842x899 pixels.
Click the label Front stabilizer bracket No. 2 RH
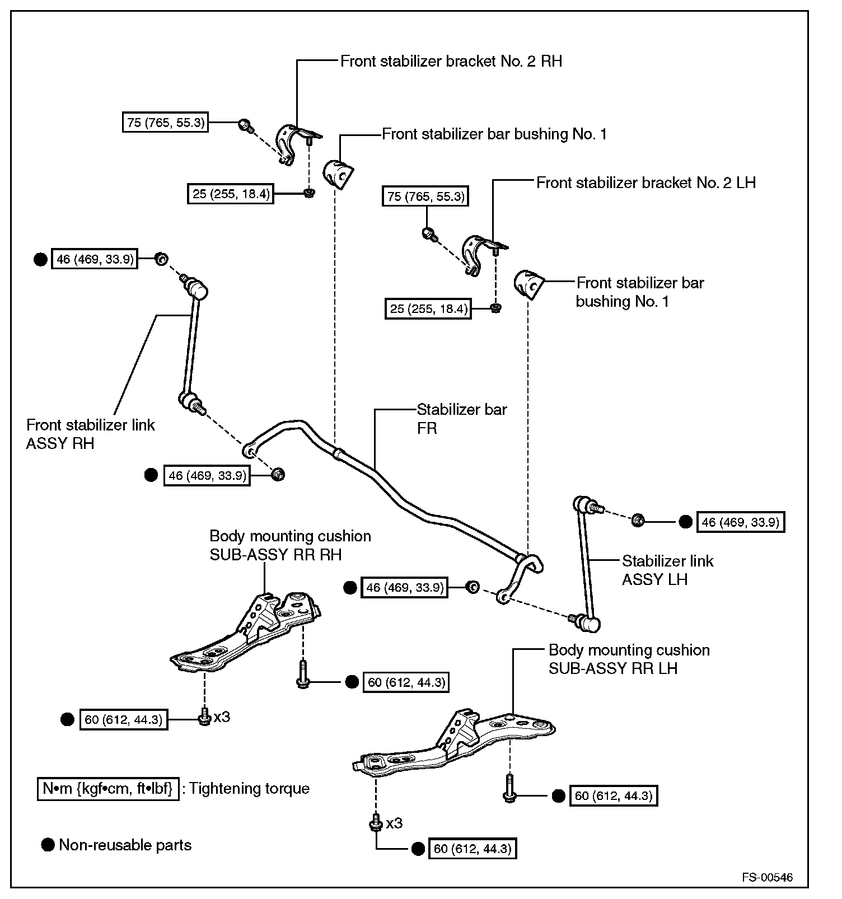tap(451, 61)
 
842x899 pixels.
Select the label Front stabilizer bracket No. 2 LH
tap(645, 182)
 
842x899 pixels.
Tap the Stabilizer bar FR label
tap(461, 419)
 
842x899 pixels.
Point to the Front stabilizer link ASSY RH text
tap(90, 434)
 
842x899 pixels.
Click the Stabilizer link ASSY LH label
tap(667, 570)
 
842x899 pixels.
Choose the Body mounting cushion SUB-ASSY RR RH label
tap(290, 545)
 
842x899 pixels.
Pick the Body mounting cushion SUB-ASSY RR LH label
tap(629, 659)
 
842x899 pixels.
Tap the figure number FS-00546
tap(767, 877)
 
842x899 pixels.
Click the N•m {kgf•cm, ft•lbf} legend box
tap(108, 789)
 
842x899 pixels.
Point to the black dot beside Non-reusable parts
tap(48, 845)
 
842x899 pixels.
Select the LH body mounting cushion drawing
tap(453, 745)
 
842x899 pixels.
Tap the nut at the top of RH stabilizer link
tap(161, 259)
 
